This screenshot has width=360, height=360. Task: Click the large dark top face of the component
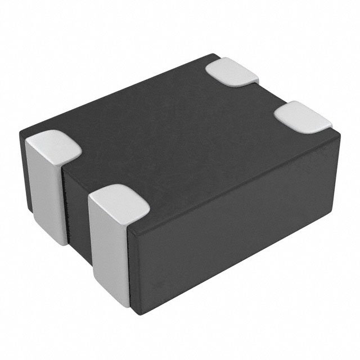pos(180,129)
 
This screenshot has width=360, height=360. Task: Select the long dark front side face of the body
pos(236,225)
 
